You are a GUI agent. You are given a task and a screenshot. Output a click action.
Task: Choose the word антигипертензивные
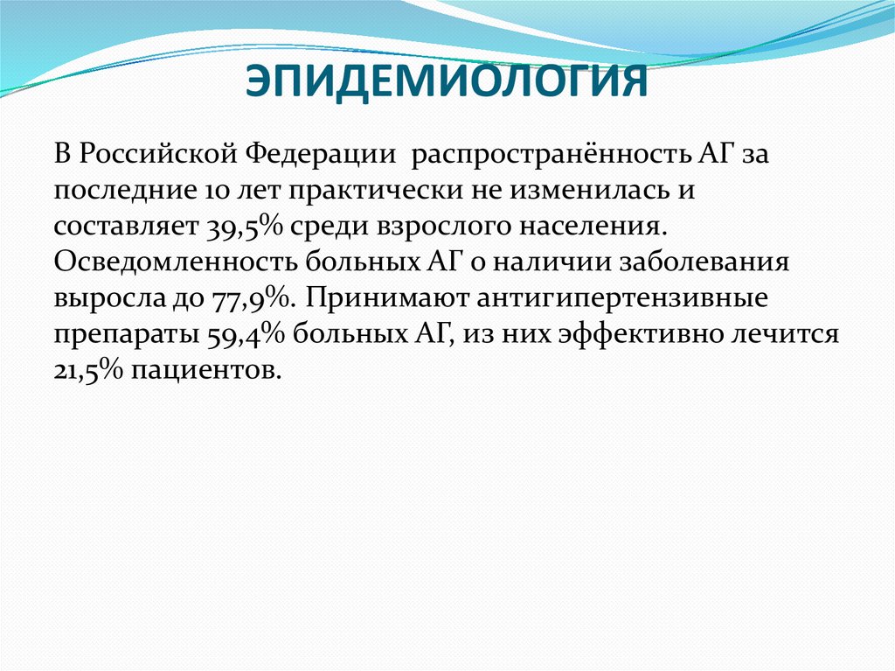pos(622,297)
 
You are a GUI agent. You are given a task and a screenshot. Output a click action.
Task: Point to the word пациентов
pos(207,369)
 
